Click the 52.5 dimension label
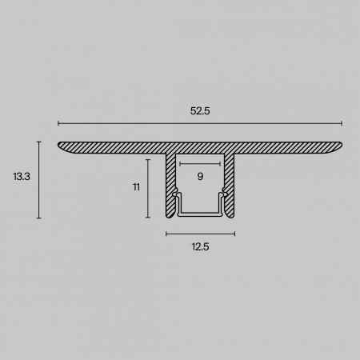(x=200, y=110)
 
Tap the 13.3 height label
(x=22, y=177)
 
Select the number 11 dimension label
(x=136, y=187)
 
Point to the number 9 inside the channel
(x=200, y=176)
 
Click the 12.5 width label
(x=200, y=247)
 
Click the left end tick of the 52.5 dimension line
(x=58, y=123)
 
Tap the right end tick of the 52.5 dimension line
(x=342, y=123)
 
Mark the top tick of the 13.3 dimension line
(x=39, y=142)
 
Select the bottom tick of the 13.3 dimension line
(x=39, y=218)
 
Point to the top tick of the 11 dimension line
(x=148, y=160)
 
